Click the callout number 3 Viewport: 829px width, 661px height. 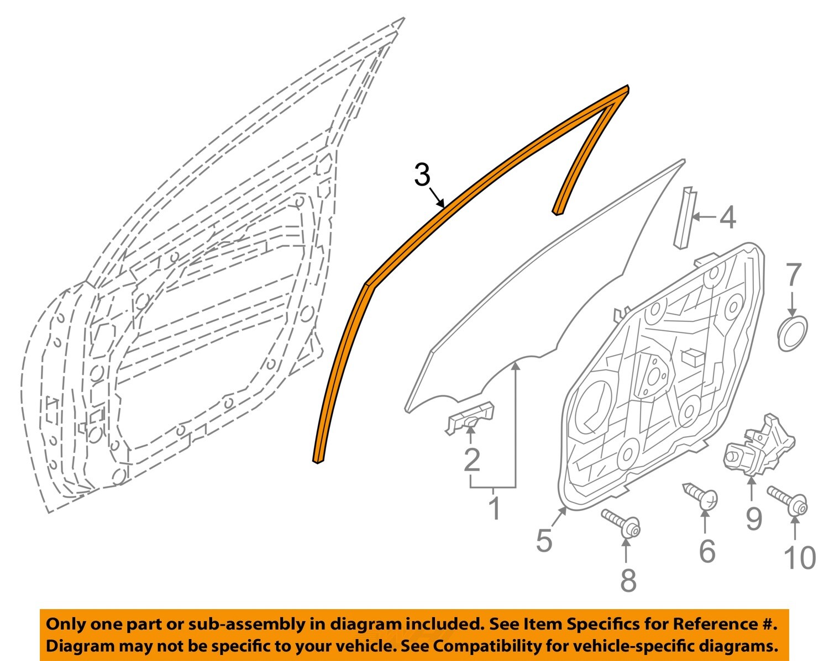422,175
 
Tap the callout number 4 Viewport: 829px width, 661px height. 728,218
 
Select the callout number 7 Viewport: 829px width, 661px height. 793,275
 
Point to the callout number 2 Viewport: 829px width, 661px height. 471,460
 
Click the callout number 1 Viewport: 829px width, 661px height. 495,508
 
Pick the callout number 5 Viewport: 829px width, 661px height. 544,540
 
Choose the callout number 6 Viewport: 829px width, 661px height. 707,551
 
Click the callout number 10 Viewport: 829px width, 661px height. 799,557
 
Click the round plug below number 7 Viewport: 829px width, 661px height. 792,332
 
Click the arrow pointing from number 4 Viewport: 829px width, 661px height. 704,217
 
